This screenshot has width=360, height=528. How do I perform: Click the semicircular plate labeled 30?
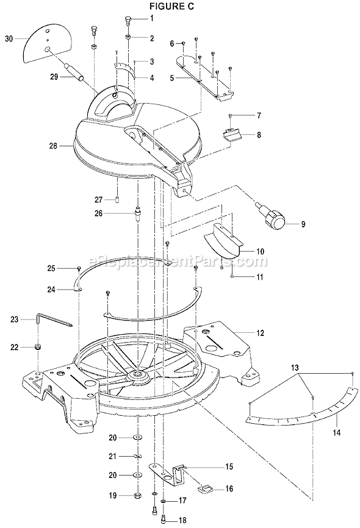[47, 43]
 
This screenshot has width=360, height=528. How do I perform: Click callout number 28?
[55, 146]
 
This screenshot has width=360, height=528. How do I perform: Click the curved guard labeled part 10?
[223, 237]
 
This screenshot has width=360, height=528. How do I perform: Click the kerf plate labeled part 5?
[204, 73]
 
